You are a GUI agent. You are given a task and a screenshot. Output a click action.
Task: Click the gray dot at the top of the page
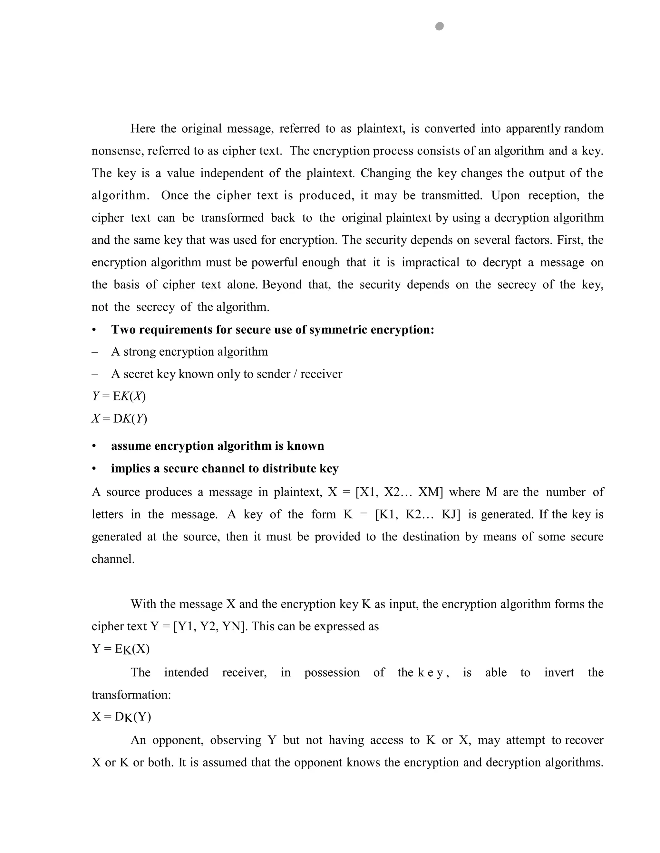coord(439,26)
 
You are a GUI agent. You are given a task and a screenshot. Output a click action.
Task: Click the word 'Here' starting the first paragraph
coord(143,128)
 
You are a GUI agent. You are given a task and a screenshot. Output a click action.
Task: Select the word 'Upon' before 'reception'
coord(506,195)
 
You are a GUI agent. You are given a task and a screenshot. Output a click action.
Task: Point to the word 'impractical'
coord(430,262)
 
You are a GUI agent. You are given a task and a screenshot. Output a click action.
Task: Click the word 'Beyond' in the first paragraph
coord(282,284)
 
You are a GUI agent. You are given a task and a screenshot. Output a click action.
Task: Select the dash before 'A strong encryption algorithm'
coord(95,352)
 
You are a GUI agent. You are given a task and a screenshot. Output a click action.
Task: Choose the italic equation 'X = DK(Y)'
coord(119,419)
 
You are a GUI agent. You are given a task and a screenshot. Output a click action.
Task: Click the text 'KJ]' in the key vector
coord(451,514)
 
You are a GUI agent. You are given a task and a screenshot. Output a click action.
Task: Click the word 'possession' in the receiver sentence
coord(332,672)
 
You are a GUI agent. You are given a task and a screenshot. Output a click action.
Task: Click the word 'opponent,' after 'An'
coord(178,740)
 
